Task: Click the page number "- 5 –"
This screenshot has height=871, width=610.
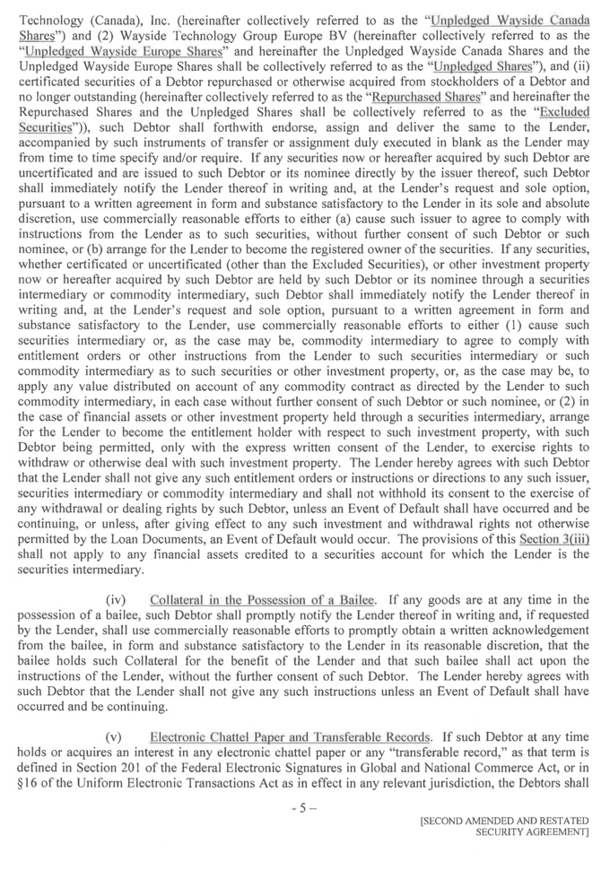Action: tap(304, 806)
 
